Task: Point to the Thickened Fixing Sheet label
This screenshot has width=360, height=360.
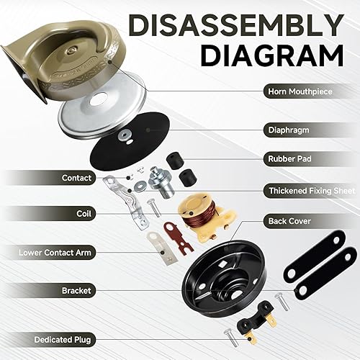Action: (310, 190)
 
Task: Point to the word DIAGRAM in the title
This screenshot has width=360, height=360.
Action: (272, 56)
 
